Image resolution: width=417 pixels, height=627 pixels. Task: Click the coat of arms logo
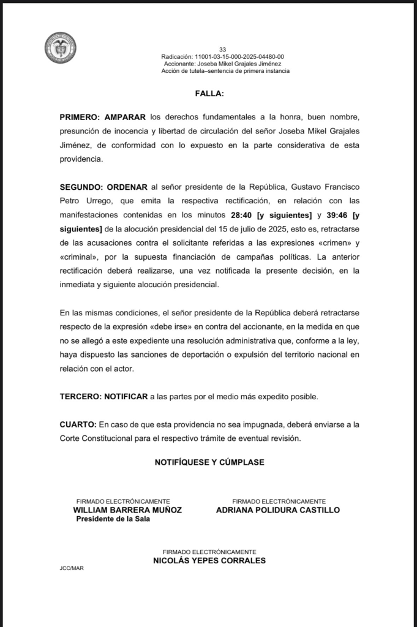coord(60,48)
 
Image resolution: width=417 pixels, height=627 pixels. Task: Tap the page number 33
coord(222,50)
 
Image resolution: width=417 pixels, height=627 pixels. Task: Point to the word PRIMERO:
coord(80,117)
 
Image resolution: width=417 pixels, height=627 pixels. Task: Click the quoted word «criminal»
coord(77,257)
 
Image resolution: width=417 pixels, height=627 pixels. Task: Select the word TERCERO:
coord(80,397)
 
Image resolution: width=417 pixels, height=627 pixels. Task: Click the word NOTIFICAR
coord(126,397)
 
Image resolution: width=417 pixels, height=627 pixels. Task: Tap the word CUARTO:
coord(78,424)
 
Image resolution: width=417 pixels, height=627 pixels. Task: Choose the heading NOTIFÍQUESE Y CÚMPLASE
coord(209,462)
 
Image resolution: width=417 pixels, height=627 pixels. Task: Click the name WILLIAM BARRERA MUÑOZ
coord(127,510)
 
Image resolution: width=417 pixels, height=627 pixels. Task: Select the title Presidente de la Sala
coord(113,519)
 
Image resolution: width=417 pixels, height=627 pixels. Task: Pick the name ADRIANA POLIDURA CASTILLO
coord(278,510)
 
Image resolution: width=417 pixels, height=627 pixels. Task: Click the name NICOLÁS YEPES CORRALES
coord(209,560)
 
